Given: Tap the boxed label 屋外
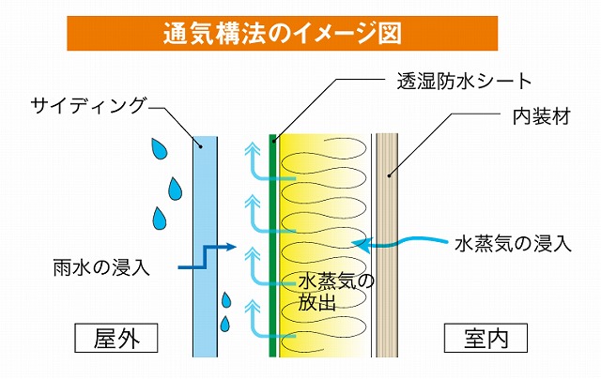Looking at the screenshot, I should pos(115,336).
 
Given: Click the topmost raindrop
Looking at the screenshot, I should pos(161,148).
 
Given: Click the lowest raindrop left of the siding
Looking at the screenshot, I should pos(224,324).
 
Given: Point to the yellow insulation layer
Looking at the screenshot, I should pos(324,206).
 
